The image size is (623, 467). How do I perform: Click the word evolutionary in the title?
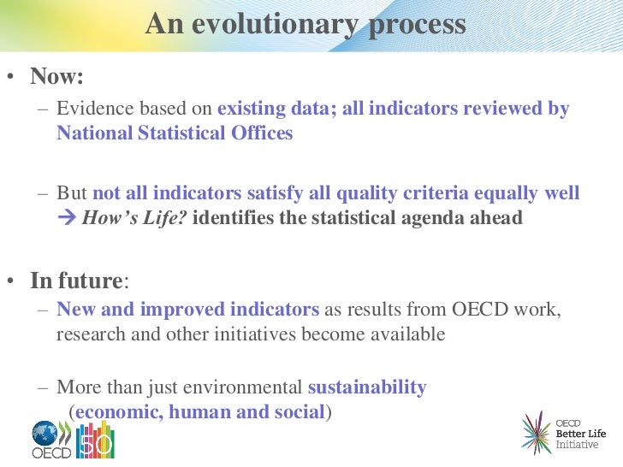pos(275,25)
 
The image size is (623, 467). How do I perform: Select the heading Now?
pos(56,75)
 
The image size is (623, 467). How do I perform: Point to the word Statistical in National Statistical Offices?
pos(182,133)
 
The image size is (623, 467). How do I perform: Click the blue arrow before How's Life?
pos(67,217)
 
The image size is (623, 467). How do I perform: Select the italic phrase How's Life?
pos(134,218)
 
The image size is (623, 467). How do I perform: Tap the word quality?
pos(366,193)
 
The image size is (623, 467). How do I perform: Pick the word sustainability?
pos(367,387)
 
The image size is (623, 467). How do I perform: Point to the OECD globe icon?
pos(44,434)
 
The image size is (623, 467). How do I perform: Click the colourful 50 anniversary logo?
pos(95,440)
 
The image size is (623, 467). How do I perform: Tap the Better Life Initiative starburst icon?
pos(537,434)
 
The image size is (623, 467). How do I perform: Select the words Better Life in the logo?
pos(581,434)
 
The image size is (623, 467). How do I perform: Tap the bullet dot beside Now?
pos(10,76)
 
